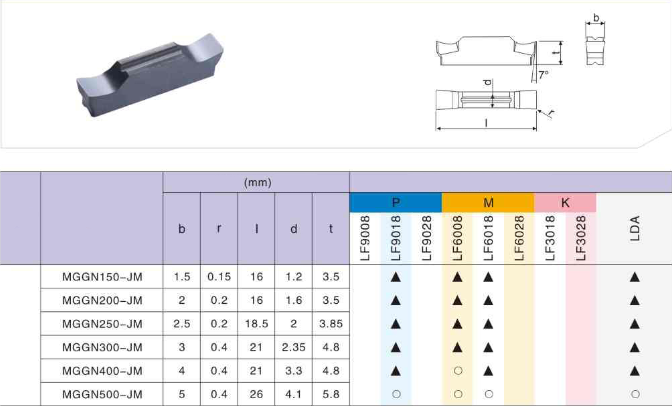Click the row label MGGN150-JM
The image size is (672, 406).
coord(102,277)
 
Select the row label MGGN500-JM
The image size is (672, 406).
coord(102,394)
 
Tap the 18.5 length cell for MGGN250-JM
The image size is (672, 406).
coord(256,324)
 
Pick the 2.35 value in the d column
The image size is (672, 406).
coord(294,347)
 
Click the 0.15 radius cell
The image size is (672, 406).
coord(219,277)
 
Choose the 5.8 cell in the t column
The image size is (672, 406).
coord(331,394)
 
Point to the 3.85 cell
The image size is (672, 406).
coord(331,324)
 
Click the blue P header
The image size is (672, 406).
coord(396,202)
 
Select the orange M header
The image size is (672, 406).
coord(488,202)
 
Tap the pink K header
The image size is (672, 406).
coord(565,202)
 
